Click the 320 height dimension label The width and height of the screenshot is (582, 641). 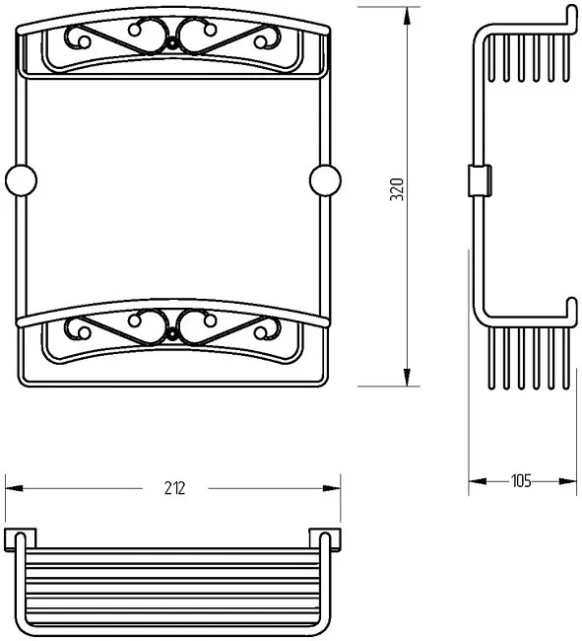[x=397, y=189]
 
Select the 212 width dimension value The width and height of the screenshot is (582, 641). [x=175, y=488]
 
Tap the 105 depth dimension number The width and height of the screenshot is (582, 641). [x=521, y=481]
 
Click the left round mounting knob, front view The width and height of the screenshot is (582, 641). [x=22, y=180]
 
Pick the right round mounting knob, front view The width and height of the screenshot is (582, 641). [x=325, y=180]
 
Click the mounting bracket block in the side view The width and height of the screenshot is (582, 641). [x=480, y=180]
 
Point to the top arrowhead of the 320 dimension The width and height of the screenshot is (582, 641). [x=407, y=17]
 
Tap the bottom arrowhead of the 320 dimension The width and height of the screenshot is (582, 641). [x=407, y=377]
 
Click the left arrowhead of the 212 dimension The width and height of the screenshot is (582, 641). [x=15, y=488]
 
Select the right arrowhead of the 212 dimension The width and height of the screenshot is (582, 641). [x=332, y=488]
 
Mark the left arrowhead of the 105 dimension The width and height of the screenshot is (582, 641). [x=478, y=481]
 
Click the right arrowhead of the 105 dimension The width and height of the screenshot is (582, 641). [x=567, y=481]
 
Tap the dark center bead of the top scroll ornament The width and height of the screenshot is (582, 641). [x=172, y=43]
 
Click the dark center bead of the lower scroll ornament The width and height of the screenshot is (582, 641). [x=172, y=335]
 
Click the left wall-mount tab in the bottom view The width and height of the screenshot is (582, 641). [x=20, y=540]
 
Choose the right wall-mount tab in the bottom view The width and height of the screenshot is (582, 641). [x=325, y=540]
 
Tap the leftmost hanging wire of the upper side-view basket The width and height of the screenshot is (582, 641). [x=491, y=57]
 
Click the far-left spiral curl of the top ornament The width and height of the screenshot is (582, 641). [x=78, y=37]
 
